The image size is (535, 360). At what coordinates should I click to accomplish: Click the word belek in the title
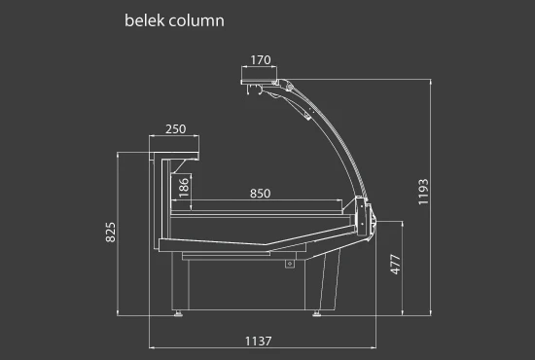pyautogui.click(x=145, y=20)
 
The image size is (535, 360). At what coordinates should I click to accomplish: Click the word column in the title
pyautogui.click(x=196, y=20)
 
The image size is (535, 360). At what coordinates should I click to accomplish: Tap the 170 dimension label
pyautogui.click(x=261, y=60)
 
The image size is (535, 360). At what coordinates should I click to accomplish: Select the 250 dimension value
pyautogui.click(x=176, y=129)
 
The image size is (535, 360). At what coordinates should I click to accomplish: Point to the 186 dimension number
pyautogui.click(x=184, y=188)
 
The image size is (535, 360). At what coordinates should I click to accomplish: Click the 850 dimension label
pyautogui.click(x=261, y=194)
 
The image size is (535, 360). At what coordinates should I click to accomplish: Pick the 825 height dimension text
pyautogui.click(x=111, y=233)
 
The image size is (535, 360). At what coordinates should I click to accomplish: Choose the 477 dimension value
pyautogui.click(x=396, y=264)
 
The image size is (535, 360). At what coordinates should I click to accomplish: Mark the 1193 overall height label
pyautogui.click(x=423, y=192)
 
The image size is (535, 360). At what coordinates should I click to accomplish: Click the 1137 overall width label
pyautogui.click(x=259, y=342)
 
